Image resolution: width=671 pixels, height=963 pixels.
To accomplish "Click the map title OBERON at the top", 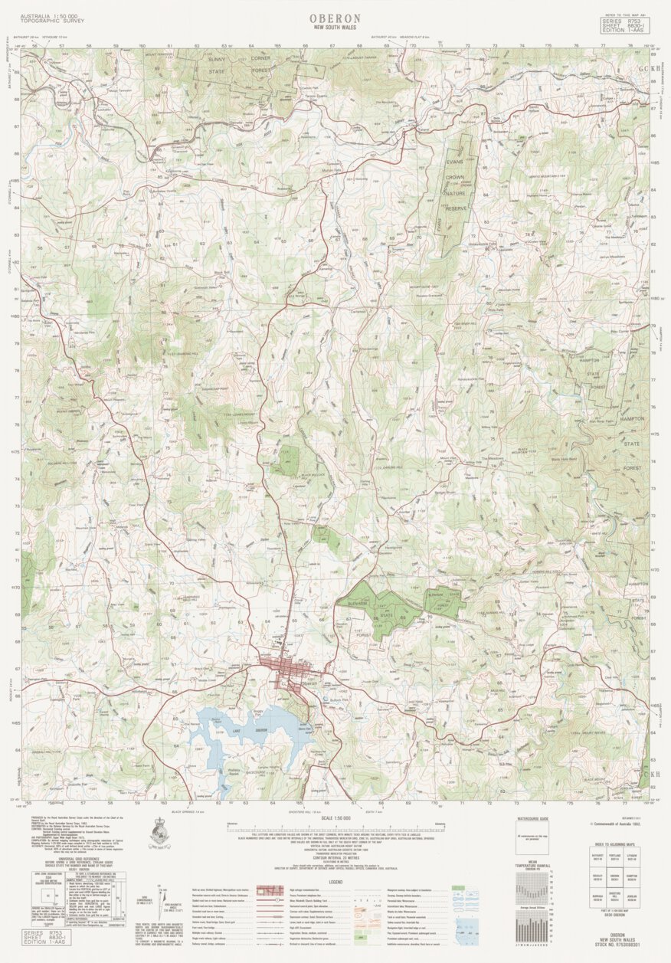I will tap(335, 18).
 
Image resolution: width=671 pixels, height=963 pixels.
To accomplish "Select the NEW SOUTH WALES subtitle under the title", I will tap(335, 28).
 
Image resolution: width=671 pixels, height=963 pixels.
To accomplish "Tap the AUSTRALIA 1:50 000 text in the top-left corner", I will tap(47, 15).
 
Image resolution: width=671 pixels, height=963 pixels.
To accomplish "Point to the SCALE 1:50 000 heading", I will tap(335, 818).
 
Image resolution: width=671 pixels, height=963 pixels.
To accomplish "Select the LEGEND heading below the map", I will tap(335, 882).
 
